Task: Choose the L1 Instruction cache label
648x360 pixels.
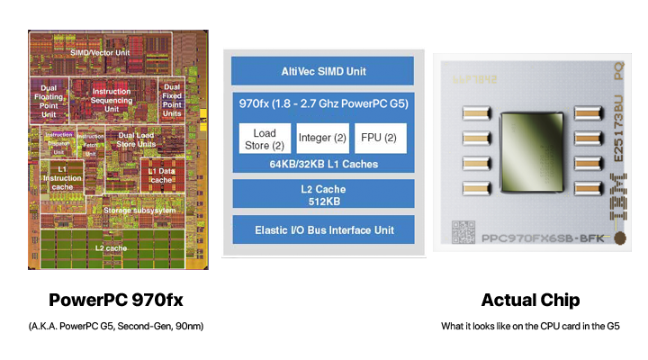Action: coord(61,179)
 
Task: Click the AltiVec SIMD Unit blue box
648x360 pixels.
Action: coord(322,71)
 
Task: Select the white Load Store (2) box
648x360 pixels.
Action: coord(261,139)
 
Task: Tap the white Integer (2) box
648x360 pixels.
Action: coord(321,138)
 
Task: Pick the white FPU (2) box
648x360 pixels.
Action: coord(380,138)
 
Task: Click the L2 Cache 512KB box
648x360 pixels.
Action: coord(322,194)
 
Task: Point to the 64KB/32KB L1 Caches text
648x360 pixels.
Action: coord(322,164)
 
